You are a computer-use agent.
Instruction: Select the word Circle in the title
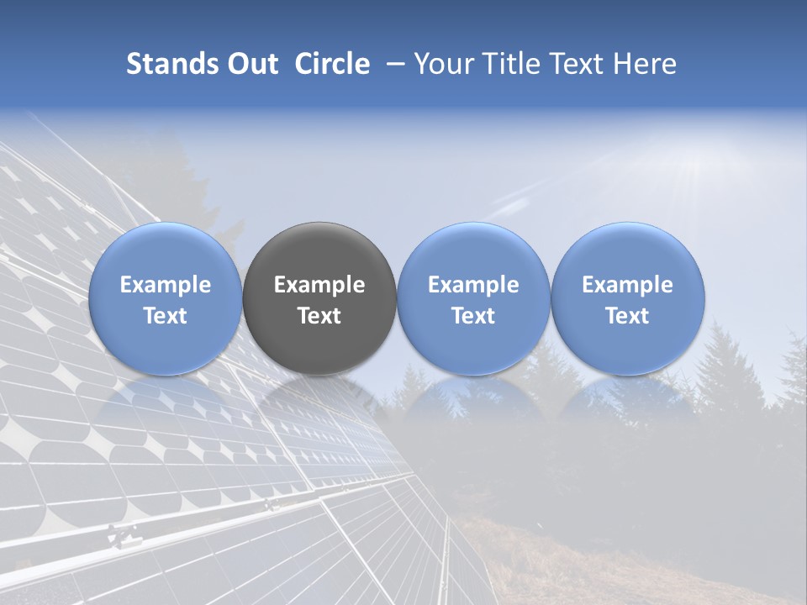(x=332, y=64)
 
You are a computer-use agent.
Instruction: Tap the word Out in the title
(x=252, y=64)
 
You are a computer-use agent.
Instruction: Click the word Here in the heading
(x=644, y=64)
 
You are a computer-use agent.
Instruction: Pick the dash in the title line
(x=393, y=64)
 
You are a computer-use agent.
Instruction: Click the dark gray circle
(x=319, y=298)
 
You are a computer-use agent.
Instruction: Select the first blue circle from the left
(x=165, y=298)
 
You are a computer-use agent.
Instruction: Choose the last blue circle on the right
(x=627, y=298)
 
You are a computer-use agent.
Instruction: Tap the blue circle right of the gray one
(x=473, y=298)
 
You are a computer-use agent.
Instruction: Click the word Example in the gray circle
(x=319, y=285)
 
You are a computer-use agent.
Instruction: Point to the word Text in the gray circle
(x=319, y=316)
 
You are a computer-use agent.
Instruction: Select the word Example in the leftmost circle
(x=165, y=285)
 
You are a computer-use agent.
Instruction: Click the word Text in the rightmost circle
(x=627, y=316)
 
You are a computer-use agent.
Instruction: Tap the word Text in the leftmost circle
(x=165, y=316)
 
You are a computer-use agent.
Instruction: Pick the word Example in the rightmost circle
(x=627, y=285)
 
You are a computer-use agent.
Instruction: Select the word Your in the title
(x=444, y=64)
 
